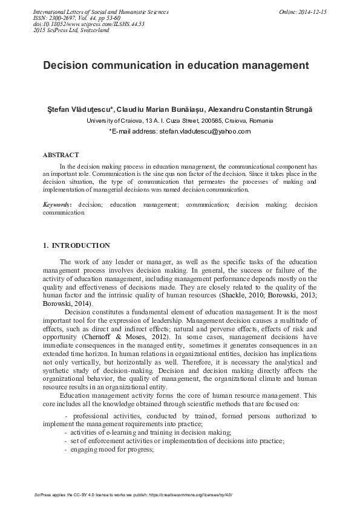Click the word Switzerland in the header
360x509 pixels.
pos(90,30)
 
